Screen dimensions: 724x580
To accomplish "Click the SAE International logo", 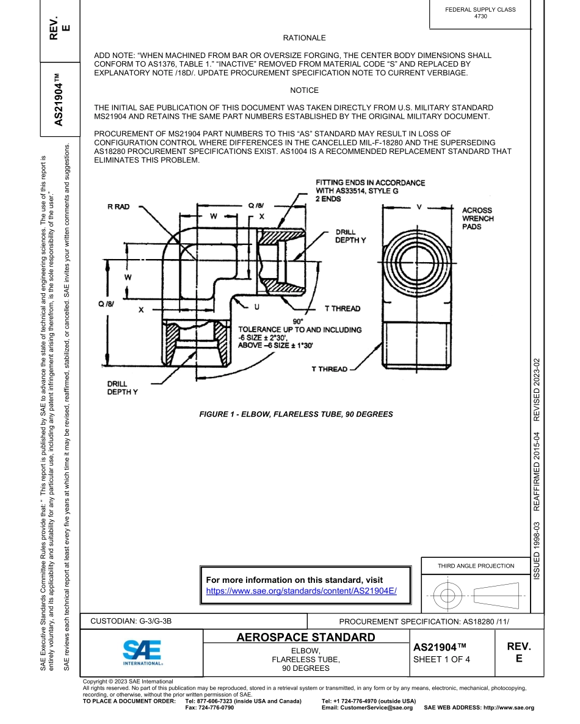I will [142, 653].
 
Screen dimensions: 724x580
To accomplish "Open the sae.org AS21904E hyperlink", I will [302, 591].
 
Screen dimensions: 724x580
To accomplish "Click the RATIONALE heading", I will [304, 38].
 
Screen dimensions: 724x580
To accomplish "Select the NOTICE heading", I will [304, 90].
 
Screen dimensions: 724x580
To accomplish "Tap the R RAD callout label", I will [118, 207].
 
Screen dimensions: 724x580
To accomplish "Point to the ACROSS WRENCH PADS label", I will [477, 218].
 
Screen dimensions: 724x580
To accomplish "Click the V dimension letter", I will [419, 207].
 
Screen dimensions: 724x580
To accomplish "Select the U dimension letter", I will [256, 306].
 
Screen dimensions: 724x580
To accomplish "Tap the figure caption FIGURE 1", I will [296, 414].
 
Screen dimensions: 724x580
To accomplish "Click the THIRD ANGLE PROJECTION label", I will [476, 566].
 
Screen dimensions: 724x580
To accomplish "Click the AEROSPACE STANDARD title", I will [306, 638].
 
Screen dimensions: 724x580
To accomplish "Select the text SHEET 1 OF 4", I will [441, 659].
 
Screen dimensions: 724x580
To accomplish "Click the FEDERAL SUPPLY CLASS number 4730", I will [480, 16].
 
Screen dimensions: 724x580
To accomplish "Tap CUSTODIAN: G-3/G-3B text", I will [131, 621].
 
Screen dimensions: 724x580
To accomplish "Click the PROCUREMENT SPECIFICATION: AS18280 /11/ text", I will [424, 621].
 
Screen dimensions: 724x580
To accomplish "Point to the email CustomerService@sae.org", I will [367, 708].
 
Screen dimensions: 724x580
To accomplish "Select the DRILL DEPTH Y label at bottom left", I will [123, 388].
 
